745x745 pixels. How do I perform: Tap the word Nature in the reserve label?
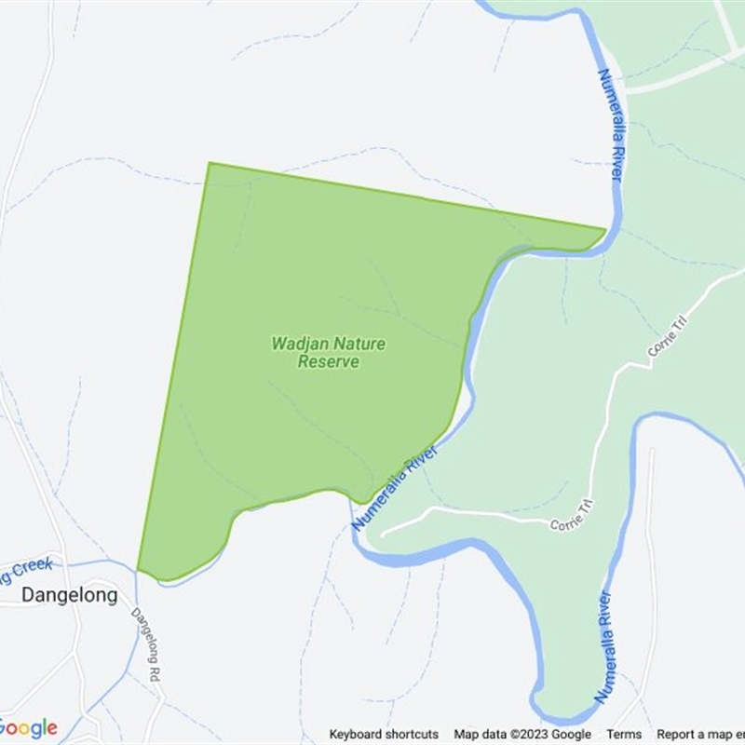pyautogui.click(x=359, y=344)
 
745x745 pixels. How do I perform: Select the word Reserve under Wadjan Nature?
pyautogui.click(x=328, y=361)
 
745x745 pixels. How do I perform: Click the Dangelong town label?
pyautogui.click(x=69, y=595)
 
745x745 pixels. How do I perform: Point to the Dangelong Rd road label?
pyautogui.click(x=148, y=642)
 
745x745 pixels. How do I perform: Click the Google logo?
pyautogui.click(x=29, y=727)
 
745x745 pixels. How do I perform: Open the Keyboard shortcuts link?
pyautogui.click(x=384, y=734)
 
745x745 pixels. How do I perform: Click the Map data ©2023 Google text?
pyautogui.click(x=522, y=734)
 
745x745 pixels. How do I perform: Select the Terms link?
pyautogui.click(x=624, y=734)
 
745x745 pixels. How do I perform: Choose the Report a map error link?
pyautogui.click(x=698, y=734)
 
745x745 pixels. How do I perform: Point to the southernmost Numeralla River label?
pyautogui.click(x=606, y=646)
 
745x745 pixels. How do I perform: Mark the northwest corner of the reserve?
pyautogui.click(x=209, y=164)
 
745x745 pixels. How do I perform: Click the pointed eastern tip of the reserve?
pyautogui.click(x=604, y=228)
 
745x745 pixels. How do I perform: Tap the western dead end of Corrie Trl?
pyautogui.click(x=383, y=535)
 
